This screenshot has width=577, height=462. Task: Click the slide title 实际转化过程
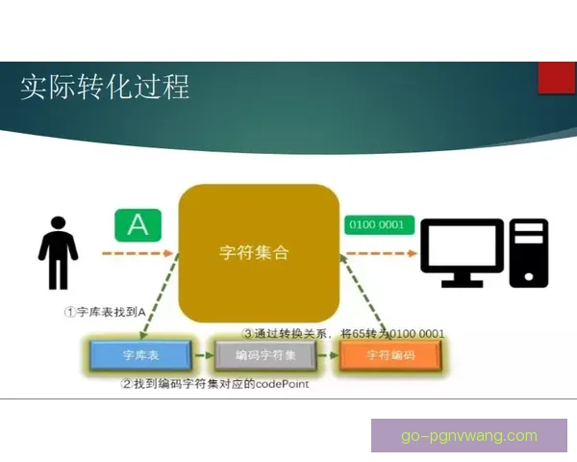pos(106,87)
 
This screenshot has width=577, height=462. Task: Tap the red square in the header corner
pos(557,77)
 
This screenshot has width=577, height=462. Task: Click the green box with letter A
pos(138,225)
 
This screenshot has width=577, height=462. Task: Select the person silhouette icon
pos(58,252)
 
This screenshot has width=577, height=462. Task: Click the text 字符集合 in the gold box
pos(253,253)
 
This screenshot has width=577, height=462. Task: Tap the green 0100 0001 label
pos(380,225)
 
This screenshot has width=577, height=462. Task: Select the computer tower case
pos(529,252)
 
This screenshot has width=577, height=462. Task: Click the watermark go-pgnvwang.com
pos(468,436)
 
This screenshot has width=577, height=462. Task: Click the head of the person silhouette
pos(59,224)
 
